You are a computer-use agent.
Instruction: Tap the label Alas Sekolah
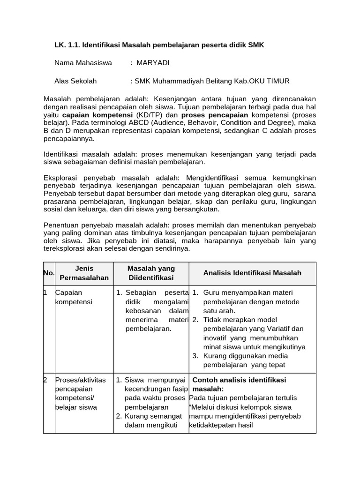click(x=75, y=81)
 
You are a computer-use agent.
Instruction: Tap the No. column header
click(x=49, y=273)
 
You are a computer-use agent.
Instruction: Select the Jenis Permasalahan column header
click(x=84, y=273)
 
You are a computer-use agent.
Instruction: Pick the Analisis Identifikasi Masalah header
click(x=252, y=273)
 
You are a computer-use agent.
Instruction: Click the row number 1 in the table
click(x=45, y=292)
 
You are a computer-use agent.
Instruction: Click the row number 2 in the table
click(x=45, y=380)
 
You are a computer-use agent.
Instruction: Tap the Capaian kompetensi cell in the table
click(x=74, y=297)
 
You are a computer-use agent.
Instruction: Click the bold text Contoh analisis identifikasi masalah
click(x=239, y=384)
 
